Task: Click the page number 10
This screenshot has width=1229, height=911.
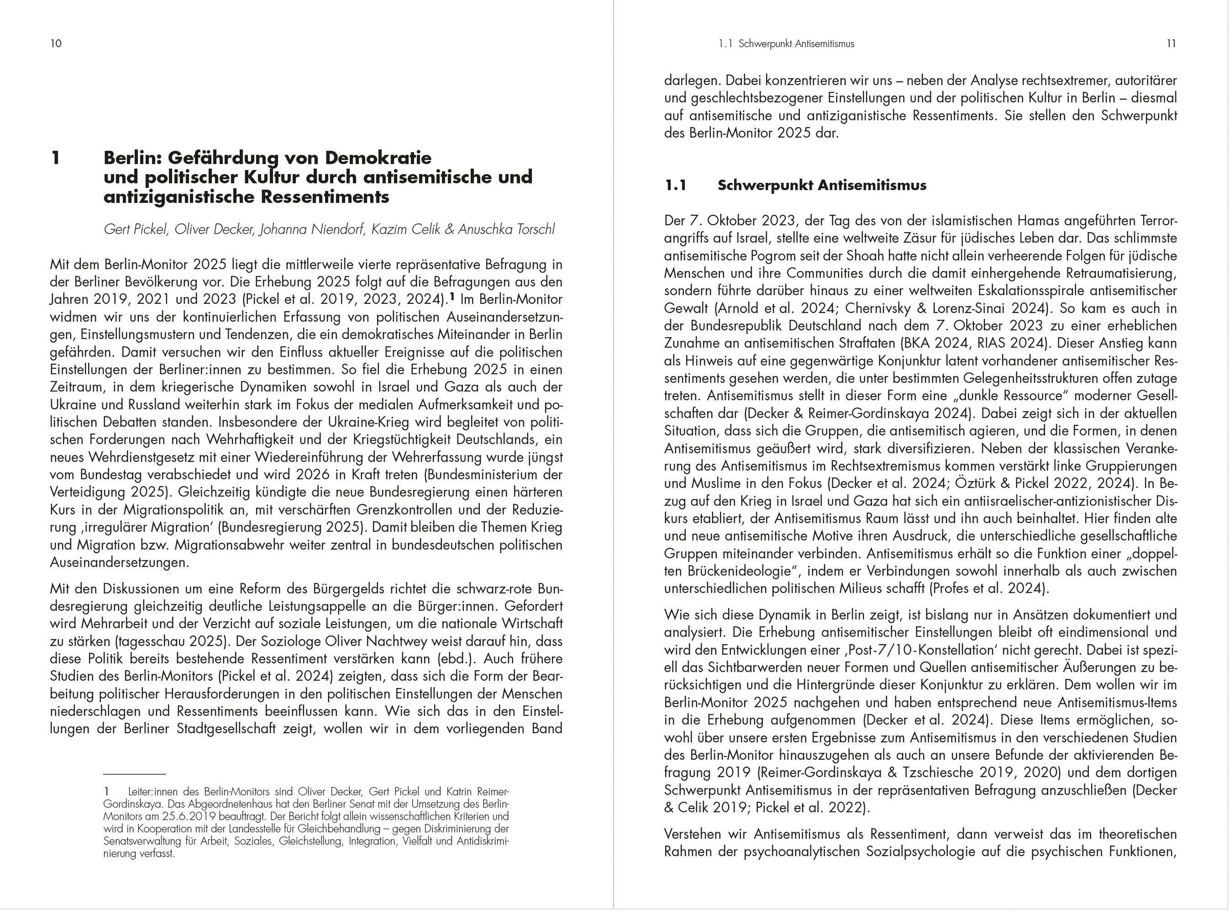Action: click(56, 44)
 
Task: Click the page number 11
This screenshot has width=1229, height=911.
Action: click(1171, 44)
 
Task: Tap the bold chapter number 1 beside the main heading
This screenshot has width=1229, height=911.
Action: click(55, 158)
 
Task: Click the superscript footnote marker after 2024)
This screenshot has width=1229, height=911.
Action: click(452, 297)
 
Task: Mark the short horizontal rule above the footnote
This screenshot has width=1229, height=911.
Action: click(135, 774)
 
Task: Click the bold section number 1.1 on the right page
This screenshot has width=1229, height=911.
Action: click(675, 185)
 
